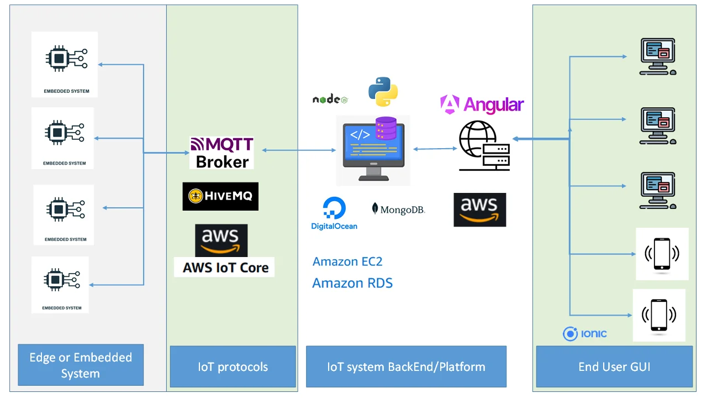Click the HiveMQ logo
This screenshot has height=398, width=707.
click(x=220, y=196)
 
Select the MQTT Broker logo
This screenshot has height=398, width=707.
click(x=221, y=153)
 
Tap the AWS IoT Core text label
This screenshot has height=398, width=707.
click(x=225, y=268)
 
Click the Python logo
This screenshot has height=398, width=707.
click(x=383, y=92)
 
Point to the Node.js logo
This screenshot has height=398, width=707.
click(x=330, y=99)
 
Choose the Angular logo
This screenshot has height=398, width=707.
click(x=482, y=104)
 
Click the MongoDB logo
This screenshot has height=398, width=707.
click(x=398, y=210)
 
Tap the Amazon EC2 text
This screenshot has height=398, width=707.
click(x=347, y=261)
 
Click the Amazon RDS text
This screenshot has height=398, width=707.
click(x=352, y=284)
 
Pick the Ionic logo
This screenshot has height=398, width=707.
click(x=584, y=333)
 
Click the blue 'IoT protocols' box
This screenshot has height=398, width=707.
click(x=233, y=366)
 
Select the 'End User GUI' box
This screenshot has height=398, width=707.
click(x=614, y=366)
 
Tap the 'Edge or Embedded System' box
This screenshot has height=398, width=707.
click(x=81, y=365)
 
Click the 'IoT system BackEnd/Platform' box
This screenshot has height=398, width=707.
click(x=406, y=366)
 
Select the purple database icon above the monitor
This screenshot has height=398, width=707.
click(x=386, y=128)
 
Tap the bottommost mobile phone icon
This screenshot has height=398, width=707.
click(x=659, y=315)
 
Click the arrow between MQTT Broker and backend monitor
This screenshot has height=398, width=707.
click(x=299, y=150)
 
